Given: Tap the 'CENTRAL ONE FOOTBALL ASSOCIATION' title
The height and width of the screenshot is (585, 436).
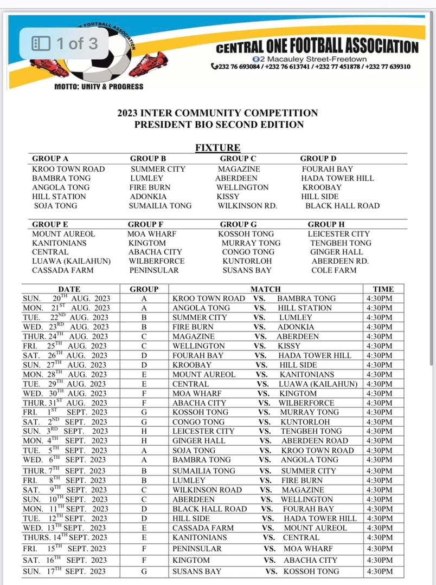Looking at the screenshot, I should pos(317,47).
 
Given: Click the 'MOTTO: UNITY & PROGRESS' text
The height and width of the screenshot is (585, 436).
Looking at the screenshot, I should pos(99,87).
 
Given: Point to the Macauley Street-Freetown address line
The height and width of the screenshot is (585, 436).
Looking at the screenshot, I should pos(310,59).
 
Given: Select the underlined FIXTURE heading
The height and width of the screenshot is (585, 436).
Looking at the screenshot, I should pos(217,148).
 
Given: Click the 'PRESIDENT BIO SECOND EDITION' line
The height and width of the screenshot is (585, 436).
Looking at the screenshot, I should pos(219,125).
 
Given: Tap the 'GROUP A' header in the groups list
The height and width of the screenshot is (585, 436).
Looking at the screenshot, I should pos(50,159).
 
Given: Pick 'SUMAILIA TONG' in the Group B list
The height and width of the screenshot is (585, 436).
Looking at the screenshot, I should pos(160,206).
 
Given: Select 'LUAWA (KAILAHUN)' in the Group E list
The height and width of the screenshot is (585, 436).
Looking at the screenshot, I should pos(72,261).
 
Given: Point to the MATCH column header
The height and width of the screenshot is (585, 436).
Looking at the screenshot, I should pos(266,289).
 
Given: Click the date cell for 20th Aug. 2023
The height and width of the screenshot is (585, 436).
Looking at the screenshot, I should pos(66,298).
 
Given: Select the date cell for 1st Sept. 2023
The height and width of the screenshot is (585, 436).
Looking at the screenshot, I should pos(66,412).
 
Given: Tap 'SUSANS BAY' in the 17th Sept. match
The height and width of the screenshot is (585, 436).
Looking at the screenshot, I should pos(197,571).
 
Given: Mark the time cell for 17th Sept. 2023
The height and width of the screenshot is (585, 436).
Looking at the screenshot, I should pos(379,571).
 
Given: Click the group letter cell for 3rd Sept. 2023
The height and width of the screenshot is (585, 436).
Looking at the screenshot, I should pos(144,431).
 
